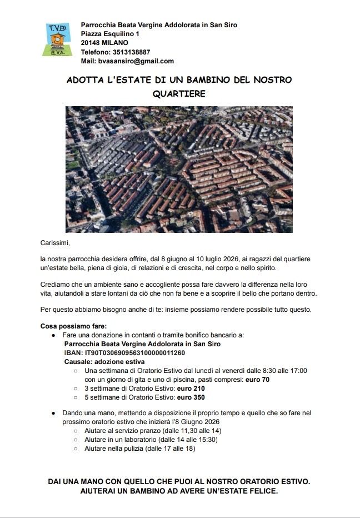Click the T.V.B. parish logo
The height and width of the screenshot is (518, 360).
point(57,39)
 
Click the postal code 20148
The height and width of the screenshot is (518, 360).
point(90,43)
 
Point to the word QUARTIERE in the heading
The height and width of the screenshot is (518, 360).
point(179,94)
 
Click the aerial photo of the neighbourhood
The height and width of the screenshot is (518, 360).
point(179,169)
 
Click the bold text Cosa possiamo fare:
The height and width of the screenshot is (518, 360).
point(74,326)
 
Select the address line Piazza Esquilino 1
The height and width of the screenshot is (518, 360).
point(110,34)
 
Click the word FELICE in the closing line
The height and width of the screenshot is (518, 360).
point(263,492)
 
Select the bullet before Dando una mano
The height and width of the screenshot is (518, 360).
point(53,413)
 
